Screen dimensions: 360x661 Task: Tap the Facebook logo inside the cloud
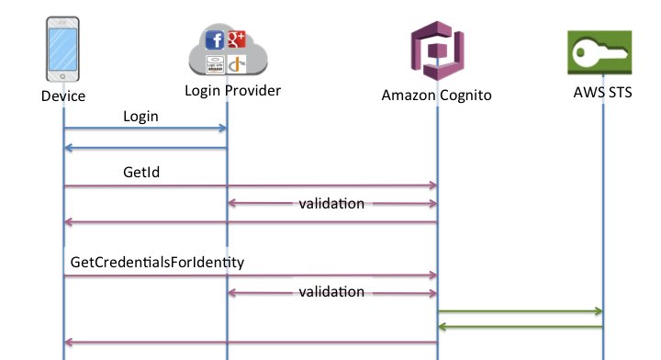[x=216, y=40]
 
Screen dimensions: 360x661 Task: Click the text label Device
[x=63, y=96]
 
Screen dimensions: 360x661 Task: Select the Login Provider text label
[x=233, y=90]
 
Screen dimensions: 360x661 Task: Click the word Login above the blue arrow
[x=140, y=117]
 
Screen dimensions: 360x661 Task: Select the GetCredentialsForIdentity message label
[x=157, y=262]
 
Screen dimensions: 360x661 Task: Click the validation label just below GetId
[x=331, y=203]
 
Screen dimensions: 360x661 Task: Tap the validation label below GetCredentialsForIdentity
[x=331, y=292]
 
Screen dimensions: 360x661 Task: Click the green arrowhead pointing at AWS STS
[x=597, y=312]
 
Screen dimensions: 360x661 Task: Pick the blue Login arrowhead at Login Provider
[x=221, y=129]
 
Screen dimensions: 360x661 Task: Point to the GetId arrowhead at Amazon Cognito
[x=431, y=186]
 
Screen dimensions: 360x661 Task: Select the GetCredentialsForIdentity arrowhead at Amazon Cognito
[x=431, y=275]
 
